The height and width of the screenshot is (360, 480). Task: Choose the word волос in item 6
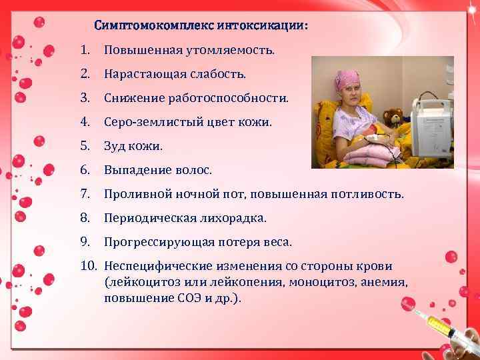click(x=193, y=171)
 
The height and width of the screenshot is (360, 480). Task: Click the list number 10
click(x=89, y=266)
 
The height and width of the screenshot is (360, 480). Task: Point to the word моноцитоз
click(x=323, y=282)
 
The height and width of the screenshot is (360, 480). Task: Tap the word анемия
click(x=384, y=282)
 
